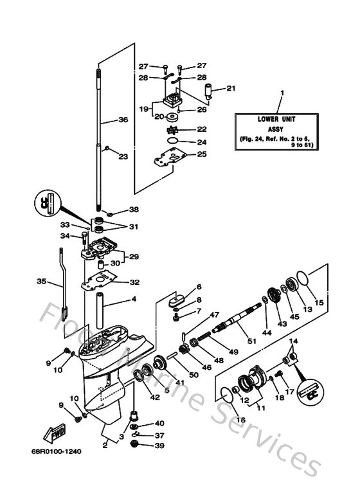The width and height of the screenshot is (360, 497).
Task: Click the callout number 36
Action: coord(123,119)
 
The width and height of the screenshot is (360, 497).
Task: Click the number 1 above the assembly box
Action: coord(280,93)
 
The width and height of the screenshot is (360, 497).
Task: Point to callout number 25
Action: coord(201,154)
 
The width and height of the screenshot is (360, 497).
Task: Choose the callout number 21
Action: coord(231,88)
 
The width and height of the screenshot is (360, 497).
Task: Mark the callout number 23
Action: coord(123,156)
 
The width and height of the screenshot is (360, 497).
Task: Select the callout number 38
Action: coord(134,210)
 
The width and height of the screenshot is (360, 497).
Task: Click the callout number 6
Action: coord(199,287)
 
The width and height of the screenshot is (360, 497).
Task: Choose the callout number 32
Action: coord(134,282)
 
